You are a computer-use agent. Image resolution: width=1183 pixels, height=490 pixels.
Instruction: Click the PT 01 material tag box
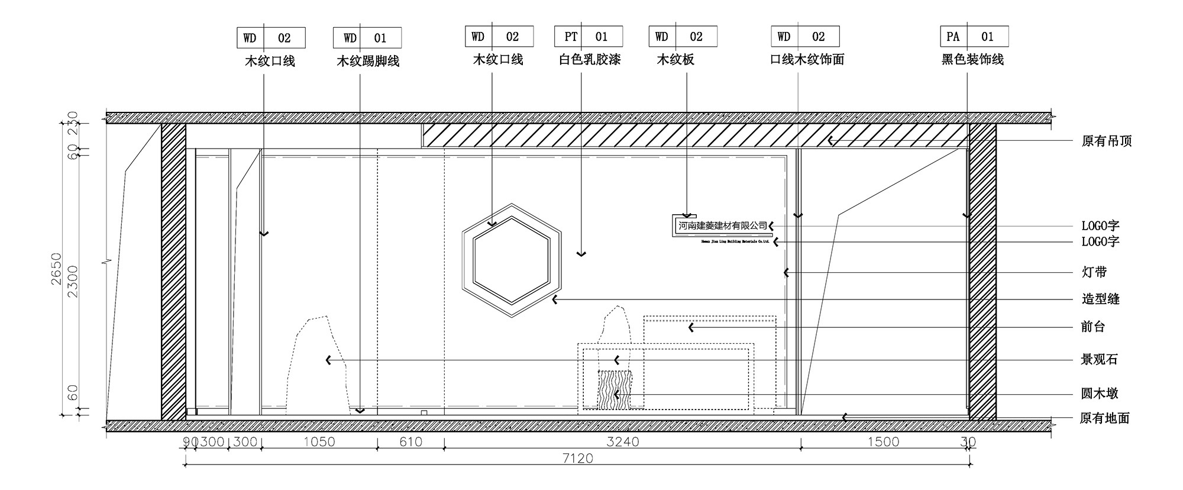pos(588,37)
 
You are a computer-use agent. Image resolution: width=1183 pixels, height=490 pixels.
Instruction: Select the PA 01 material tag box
pos(974,37)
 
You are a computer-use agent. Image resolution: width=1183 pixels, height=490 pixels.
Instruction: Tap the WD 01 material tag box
pos(367,38)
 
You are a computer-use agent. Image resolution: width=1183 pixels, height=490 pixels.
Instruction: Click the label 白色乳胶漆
pos(590,59)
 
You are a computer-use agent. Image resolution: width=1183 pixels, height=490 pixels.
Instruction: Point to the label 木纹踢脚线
pos(368,61)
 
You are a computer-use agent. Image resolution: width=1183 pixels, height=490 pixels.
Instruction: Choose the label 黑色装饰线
pos(972,59)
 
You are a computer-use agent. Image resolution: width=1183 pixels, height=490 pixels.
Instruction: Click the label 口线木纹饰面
pos(807,59)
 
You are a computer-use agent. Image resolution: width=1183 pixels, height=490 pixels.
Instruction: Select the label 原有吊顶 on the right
pos(1106,141)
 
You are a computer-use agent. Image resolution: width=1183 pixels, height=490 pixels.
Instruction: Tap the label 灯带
pos(1094,272)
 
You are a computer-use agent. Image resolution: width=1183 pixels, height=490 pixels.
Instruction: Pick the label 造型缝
pos(1101,299)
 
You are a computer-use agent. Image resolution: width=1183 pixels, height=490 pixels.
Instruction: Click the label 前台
pos(1093,327)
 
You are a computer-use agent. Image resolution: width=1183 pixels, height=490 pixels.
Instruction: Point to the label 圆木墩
pos(1100,394)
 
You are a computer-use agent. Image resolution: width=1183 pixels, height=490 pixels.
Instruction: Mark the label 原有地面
pos(1104,418)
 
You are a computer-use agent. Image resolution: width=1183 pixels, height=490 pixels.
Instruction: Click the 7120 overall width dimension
pos(578,458)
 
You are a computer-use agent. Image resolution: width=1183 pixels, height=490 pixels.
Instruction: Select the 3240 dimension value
pos(623,441)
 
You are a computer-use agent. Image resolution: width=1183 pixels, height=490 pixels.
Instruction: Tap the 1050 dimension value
pos(319,441)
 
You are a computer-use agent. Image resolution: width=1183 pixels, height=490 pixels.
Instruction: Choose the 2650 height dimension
pos(56,269)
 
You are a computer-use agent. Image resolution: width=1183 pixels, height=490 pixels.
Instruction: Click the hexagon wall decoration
pos(512,260)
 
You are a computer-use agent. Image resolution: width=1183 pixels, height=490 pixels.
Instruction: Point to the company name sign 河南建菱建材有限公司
pos(722,225)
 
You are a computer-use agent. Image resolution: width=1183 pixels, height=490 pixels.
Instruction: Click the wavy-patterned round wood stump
pos(615,389)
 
